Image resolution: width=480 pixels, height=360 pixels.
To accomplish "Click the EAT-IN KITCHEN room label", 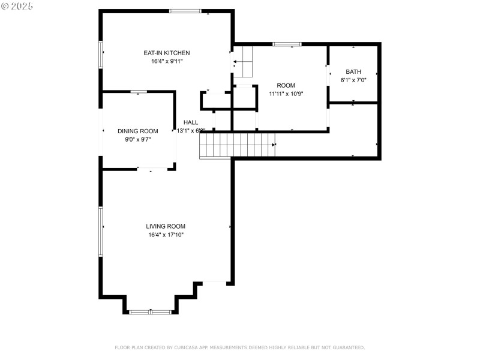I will point(166,53).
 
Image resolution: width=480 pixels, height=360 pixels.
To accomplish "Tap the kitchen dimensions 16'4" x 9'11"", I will point(166,61).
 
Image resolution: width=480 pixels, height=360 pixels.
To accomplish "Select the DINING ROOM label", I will point(137,131).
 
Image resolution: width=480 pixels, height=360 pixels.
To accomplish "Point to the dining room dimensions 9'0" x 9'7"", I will point(137,139).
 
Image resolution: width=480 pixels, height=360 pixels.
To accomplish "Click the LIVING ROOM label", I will point(166,226).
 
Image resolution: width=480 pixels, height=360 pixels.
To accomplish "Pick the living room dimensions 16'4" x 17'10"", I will point(166,235).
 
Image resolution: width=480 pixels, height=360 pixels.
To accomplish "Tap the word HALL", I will point(191,122).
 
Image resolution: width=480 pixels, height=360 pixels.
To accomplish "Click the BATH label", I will point(353,71).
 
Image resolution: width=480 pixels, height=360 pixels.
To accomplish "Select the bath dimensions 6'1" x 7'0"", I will point(353,80).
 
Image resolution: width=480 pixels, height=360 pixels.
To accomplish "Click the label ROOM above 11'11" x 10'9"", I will point(286,85).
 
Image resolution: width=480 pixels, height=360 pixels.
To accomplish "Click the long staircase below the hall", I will point(238,146).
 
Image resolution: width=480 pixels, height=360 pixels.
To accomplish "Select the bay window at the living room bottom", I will point(151,311).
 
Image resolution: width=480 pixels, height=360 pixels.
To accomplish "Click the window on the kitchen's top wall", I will point(185,11).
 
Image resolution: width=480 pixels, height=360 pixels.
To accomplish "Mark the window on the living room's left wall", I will point(101,227).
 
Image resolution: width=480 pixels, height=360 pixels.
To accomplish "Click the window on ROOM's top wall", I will point(287,44).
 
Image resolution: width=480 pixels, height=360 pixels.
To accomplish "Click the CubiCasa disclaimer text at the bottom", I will point(239,347).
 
